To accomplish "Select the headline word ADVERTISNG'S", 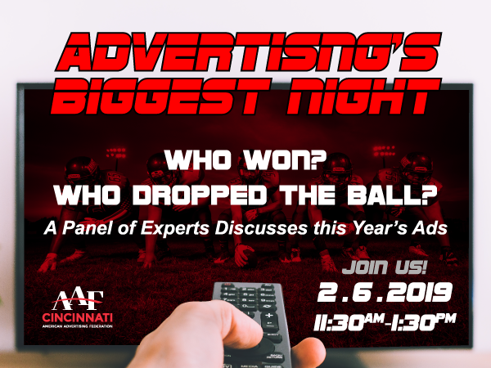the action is pos(248,52).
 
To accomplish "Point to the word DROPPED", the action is pos(199,195).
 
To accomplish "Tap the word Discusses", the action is pos(261,228).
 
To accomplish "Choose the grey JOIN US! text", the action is pos(385,267).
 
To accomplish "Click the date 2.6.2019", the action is pos(385,292).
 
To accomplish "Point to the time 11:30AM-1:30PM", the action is pos(385,321).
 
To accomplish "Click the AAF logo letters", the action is pos(78,300).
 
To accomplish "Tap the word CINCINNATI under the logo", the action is pos(78,318).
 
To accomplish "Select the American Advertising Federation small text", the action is pos(78,326).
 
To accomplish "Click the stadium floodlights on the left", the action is pos(116,153).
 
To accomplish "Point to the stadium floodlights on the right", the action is pos(385,151).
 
